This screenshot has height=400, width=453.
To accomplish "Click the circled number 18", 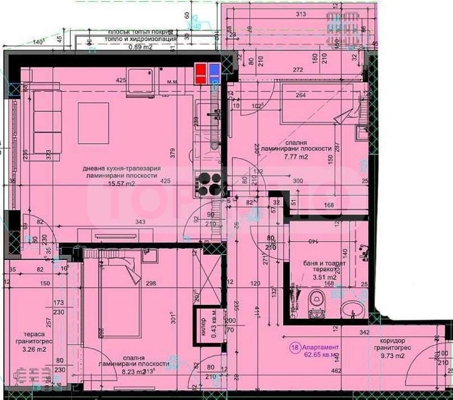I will (x=293, y=347).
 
